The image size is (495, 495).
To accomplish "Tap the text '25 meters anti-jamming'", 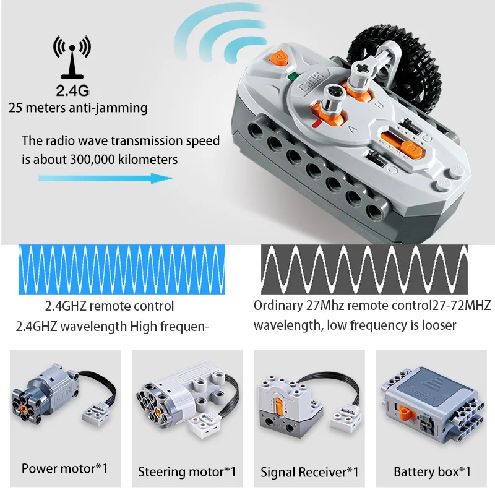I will pyautogui.click(x=78, y=108).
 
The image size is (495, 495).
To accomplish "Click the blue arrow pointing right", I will pyautogui.click(x=105, y=178).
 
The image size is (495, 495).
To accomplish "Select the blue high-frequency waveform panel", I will pyautogui.click(x=123, y=268).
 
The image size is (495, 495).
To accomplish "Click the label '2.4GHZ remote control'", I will pyautogui.click(x=110, y=306).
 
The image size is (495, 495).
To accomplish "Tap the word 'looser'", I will pyautogui.click(x=436, y=325).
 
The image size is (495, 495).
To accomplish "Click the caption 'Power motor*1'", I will pyautogui.click(x=64, y=468).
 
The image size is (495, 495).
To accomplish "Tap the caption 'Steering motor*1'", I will pyautogui.click(x=187, y=471).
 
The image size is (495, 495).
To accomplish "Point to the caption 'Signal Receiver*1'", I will pyautogui.click(x=309, y=471).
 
